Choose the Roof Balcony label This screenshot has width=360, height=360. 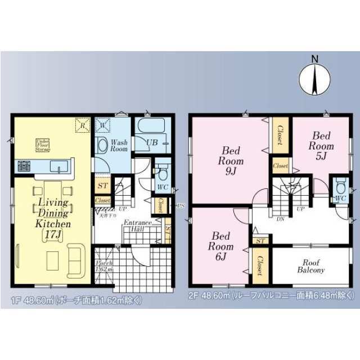(311, 266)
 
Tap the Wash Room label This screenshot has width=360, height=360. (119, 146)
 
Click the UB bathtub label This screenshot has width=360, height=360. (152, 142)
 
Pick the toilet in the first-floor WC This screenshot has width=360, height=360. (162, 174)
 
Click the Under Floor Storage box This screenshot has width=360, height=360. (43, 145)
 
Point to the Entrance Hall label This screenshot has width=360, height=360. (138, 226)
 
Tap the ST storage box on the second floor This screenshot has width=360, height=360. (259, 241)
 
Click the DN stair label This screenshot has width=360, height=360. (279, 219)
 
